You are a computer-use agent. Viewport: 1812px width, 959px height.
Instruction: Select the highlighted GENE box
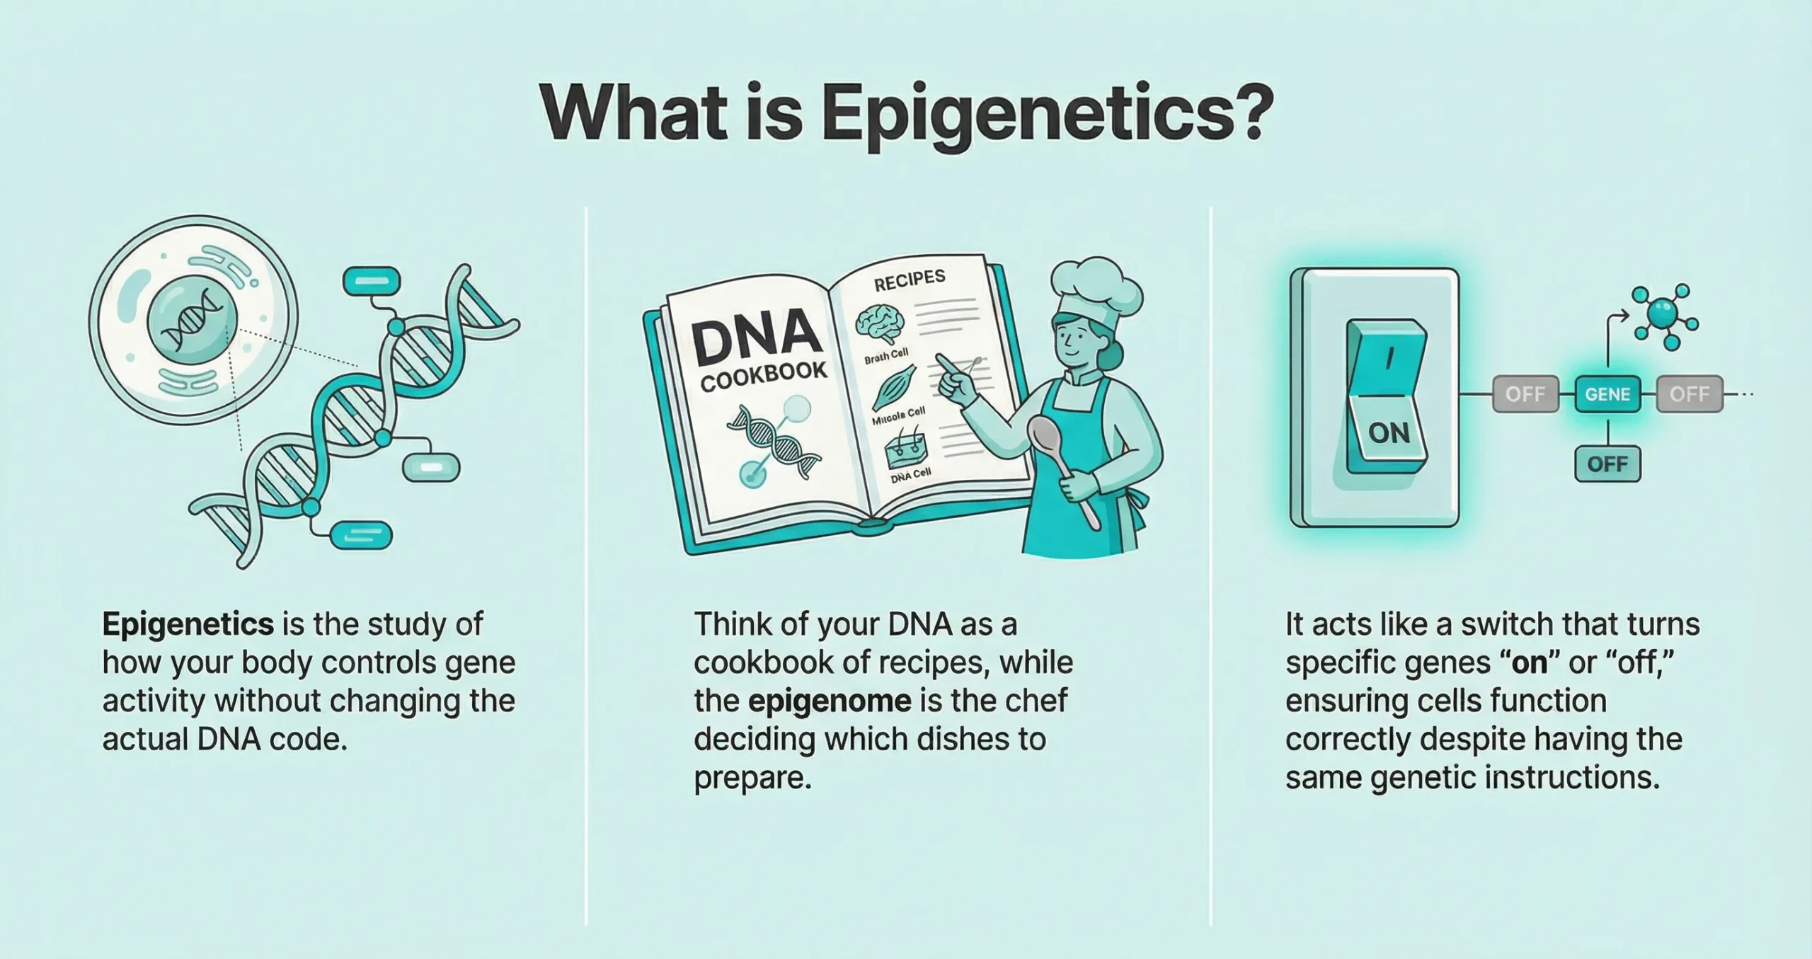coord(1607,394)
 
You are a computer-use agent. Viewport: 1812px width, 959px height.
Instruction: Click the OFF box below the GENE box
coord(1607,464)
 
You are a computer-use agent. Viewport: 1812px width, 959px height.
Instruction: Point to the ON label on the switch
coord(1389,432)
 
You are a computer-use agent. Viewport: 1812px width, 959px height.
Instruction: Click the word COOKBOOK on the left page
coord(764,376)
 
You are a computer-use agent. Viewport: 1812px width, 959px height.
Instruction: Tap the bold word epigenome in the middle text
coord(830,701)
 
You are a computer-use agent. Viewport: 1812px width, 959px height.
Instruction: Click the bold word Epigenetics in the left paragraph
coord(188,624)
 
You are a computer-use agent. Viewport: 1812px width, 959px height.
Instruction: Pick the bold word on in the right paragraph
coord(1528,662)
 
